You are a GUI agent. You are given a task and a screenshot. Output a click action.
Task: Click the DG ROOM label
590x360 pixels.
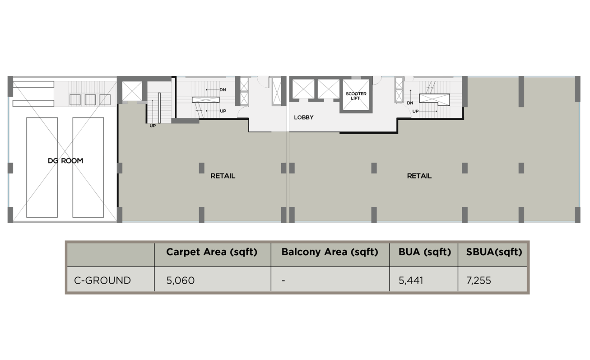tap(65, 161)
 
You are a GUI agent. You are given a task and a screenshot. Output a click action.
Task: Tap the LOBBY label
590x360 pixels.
tap(304, 117)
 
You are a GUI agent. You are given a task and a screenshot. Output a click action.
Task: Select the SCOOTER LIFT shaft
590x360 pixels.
tap(356, 95)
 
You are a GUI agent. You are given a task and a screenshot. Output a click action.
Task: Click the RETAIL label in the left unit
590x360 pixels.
tap(223, 176)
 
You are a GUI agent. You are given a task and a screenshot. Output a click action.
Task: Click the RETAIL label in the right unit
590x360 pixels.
tap(419, 176)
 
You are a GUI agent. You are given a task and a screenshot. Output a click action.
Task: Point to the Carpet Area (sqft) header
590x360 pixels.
tap(212, 252)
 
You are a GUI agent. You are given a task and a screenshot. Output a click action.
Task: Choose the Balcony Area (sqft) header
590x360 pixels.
tap(330, 252)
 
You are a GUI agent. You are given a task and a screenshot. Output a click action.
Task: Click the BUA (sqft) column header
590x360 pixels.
tap(425, 252)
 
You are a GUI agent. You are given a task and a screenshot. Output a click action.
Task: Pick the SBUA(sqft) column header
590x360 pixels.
tap(494, 252)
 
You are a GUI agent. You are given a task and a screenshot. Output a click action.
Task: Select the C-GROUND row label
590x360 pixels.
tap(102, 281)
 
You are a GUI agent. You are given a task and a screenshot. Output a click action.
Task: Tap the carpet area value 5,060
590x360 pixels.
tap(181, 281)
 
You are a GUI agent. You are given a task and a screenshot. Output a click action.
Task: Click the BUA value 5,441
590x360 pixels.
tap(411, 281)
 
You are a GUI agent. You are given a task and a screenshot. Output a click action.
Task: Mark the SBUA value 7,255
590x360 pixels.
tap(479, 281)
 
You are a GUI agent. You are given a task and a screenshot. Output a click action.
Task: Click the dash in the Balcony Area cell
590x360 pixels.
tap(283, 281)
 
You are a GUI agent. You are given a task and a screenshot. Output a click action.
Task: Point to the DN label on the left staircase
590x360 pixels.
tap(223, 90)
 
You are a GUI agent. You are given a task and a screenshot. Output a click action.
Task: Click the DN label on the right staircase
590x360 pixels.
tap(410, 103)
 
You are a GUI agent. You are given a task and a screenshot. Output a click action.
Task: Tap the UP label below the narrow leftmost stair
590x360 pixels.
tap(153, 126)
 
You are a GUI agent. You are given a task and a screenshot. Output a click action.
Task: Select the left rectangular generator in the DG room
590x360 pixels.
tap(42, 168)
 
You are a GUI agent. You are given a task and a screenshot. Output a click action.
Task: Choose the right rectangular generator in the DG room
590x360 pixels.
tap(88, 168)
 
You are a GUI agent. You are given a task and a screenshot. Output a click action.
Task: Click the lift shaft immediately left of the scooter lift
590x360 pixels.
tap(329, 89)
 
